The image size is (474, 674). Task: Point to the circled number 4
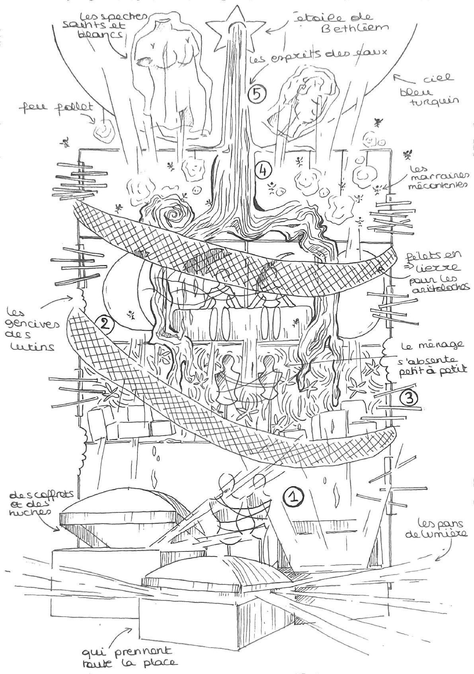tap(263, 170)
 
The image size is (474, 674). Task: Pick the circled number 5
tap(256, 94)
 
